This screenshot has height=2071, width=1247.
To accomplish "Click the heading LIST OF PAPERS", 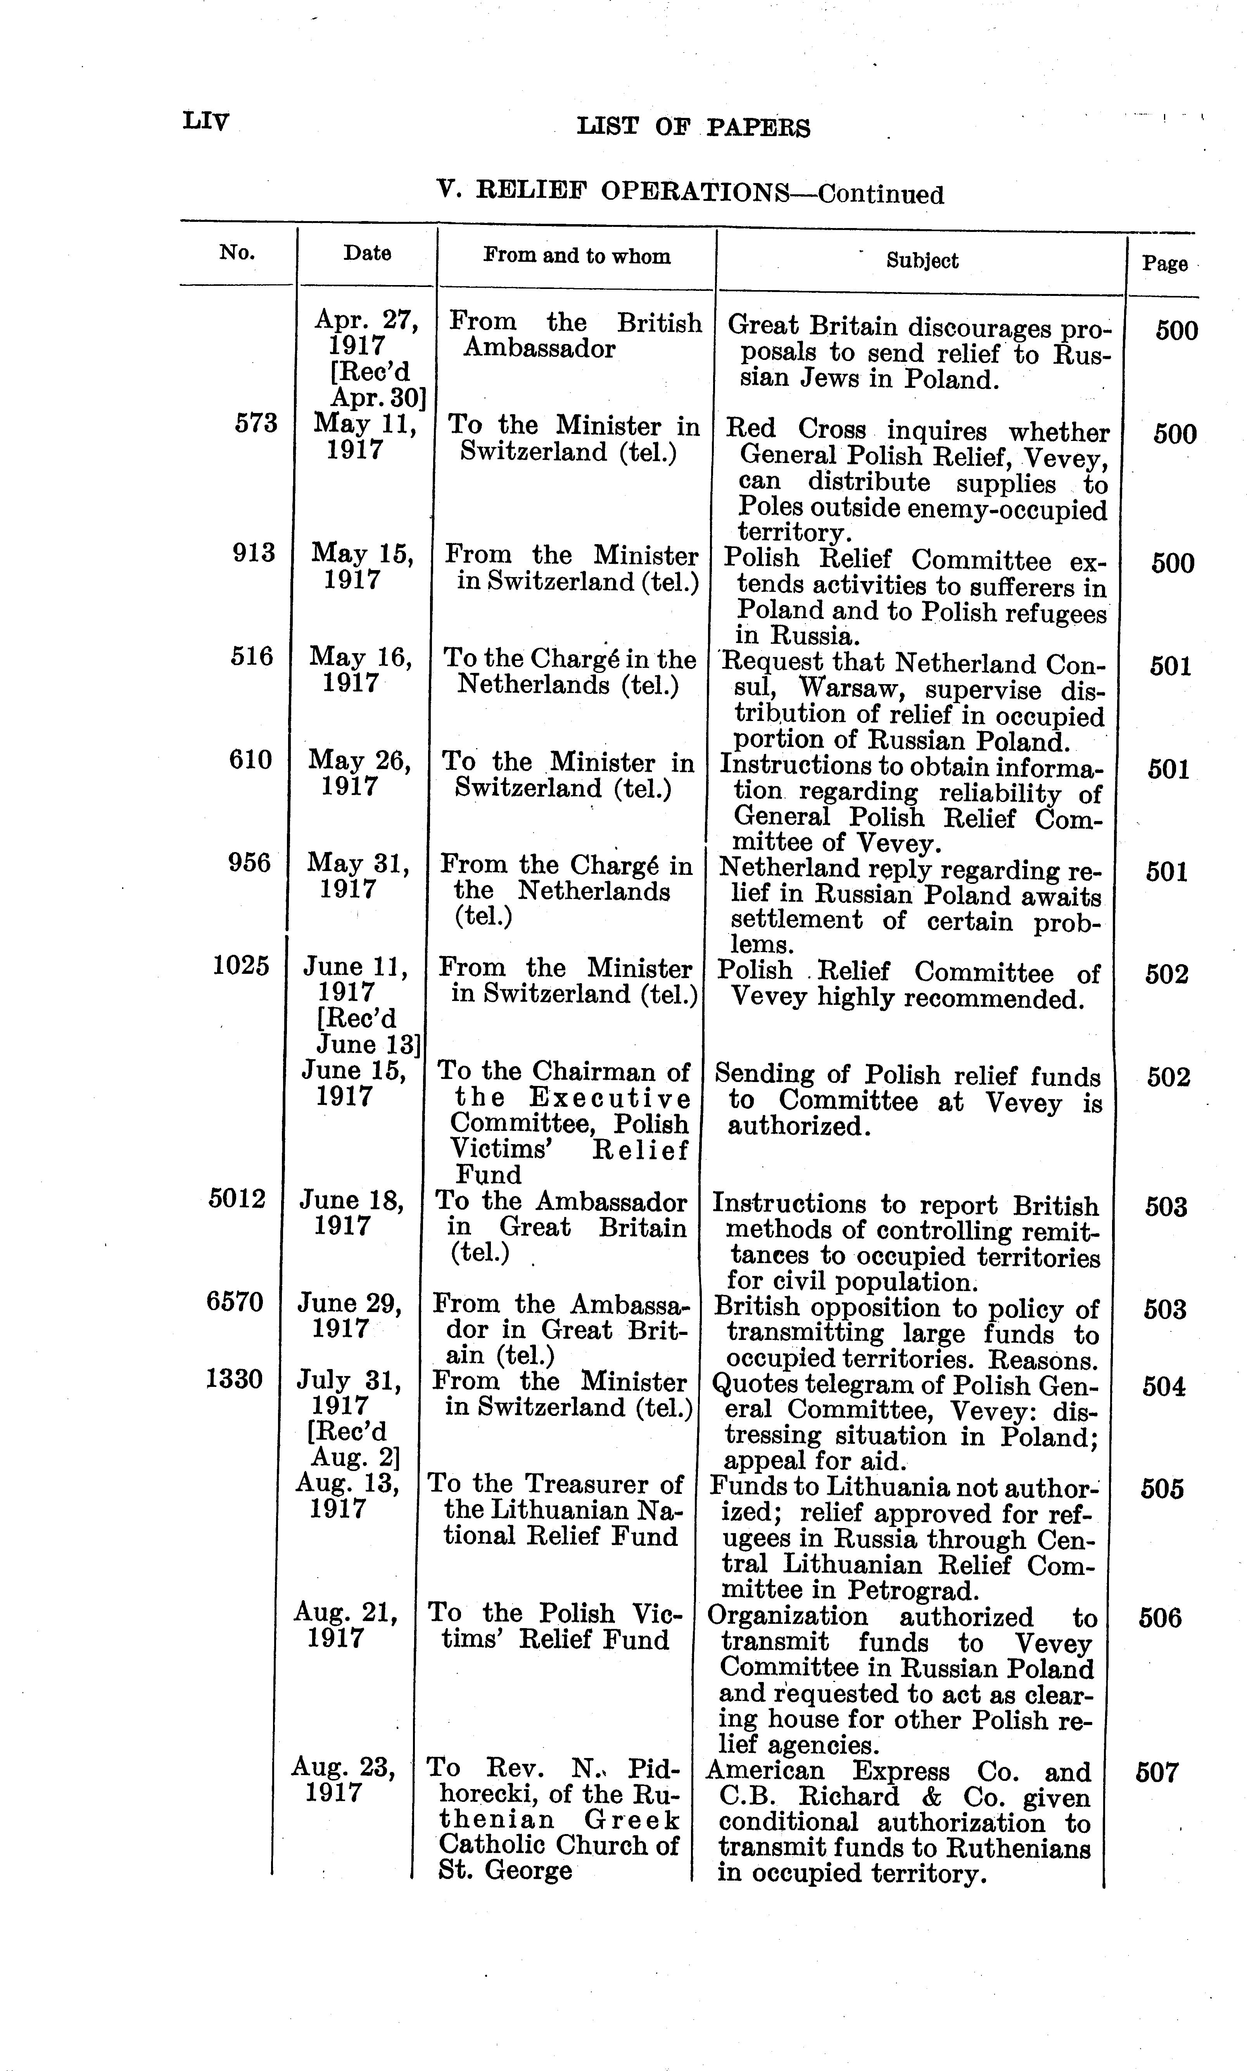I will [693, 128].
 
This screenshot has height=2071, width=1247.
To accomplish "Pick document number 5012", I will [237, 1198].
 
